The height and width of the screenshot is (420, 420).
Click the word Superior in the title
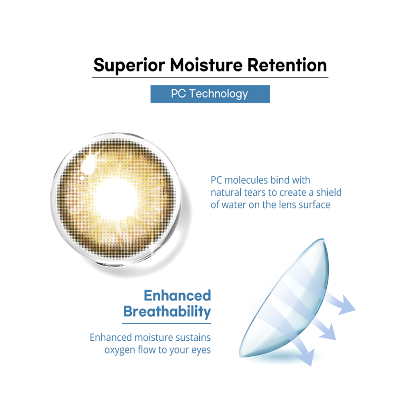pos(129,66)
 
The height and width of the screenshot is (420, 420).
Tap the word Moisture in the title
pos(206,65)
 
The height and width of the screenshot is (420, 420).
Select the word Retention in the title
pos(287,65)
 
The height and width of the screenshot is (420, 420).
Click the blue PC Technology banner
pos(210,94)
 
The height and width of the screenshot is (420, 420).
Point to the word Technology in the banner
pos(219,94)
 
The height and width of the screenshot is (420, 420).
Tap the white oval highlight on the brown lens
pos(88,166)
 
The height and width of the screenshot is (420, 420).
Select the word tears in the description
pos(256,193)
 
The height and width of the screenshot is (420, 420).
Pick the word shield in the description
pos(329,192)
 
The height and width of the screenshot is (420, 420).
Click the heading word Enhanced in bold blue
pos(177,295)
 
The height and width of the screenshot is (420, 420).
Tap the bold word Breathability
pos(167,312)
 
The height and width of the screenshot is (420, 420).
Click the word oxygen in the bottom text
pos(120,350)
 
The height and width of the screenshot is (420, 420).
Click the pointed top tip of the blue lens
pos(323,239)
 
